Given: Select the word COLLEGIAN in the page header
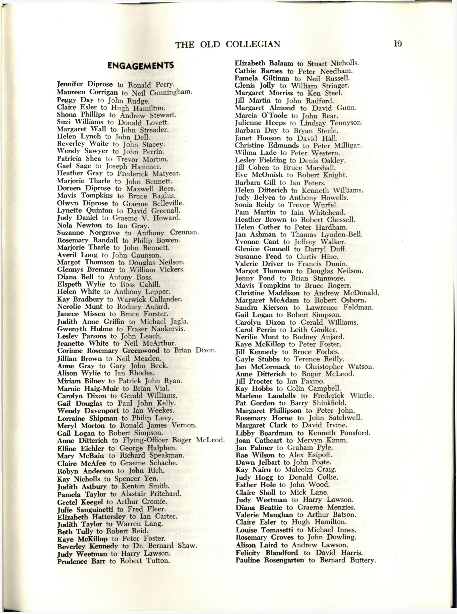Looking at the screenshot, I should (253, 44).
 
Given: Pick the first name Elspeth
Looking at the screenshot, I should (70, 284).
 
